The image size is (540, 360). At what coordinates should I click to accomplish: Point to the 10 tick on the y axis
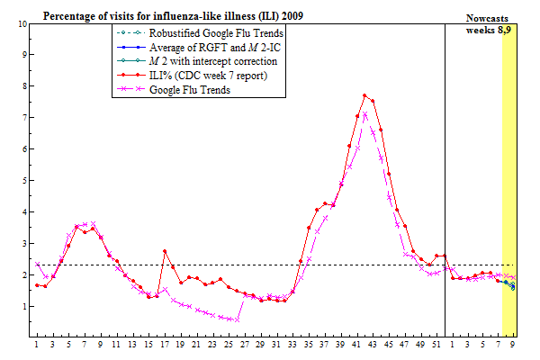point(22,23)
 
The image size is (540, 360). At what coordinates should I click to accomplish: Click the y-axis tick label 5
point(23,181)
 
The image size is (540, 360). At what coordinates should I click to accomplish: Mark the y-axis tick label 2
point(23,275)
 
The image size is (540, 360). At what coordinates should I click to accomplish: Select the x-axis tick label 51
point(436,345)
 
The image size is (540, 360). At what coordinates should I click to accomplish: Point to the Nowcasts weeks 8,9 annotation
point(491,24)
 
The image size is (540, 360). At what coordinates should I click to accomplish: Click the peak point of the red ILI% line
point(364,95)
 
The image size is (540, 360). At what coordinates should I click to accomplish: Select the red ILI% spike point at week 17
point(165,251)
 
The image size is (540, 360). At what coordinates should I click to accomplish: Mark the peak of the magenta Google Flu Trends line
point(364,115)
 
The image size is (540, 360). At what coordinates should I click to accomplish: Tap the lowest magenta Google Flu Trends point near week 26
point(237,319)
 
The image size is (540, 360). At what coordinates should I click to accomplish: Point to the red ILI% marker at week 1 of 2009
point(37,284)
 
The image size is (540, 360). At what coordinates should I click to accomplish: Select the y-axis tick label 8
point(23,86)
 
